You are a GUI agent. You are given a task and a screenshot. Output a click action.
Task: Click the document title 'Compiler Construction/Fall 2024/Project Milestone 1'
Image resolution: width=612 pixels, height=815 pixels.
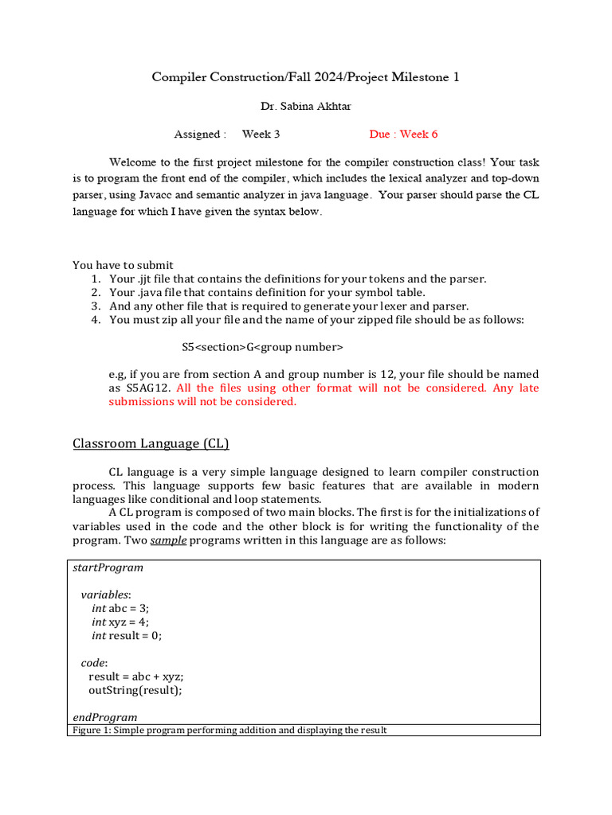[x=305, y=77]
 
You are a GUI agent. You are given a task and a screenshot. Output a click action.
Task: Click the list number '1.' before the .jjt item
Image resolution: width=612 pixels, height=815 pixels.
[x=95, y=279]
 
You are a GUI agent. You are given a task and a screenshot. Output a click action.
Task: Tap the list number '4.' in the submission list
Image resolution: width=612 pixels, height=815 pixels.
[x=95, y=320]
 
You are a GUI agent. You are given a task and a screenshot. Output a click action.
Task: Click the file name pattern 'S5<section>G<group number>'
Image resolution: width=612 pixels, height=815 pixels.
[x=262, y=347]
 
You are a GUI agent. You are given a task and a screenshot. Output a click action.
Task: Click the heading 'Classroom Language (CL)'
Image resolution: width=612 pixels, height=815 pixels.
[x=151, y=443]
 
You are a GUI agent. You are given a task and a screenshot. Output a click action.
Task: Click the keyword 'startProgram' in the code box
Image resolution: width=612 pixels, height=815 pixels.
[x=108, y=567]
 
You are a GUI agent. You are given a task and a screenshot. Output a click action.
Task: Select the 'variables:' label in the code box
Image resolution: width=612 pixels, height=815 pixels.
[x=106, y=595]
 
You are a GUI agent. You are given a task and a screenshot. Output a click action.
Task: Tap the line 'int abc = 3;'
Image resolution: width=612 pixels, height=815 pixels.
[x=120, y=608]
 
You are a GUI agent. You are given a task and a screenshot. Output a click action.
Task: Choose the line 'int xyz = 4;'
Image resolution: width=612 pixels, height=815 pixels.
[x=120, y=622]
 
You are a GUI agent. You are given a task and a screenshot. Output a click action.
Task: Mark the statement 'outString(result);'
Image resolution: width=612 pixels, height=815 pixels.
[x=135, y=690]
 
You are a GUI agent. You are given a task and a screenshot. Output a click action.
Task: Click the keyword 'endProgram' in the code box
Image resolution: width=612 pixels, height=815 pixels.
[x=104, y=717]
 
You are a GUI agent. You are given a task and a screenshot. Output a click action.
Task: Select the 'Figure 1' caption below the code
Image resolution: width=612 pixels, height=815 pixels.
[x=229, y=730]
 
